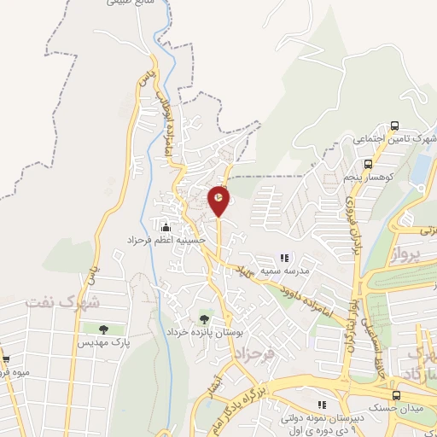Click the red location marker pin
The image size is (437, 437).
pos(218,201)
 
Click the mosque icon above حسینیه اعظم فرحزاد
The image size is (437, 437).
pos(166,227)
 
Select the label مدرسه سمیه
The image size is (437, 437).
pos(285,271)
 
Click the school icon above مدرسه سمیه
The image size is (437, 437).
pos(285,257)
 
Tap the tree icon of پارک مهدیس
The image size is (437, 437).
pos(102,329)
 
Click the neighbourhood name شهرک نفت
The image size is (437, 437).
pos(63,302)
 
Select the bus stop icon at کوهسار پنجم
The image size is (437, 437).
pos(368,165)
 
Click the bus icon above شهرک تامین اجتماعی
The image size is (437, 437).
pos(393,126)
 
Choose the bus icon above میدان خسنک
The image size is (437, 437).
pos(396,395)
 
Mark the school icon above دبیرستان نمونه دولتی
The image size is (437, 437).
pos(321,405)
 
